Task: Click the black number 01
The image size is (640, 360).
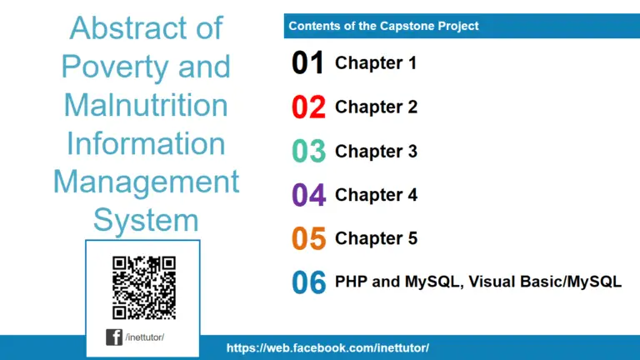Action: pos(307,63)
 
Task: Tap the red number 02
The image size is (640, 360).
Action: pos(307,107)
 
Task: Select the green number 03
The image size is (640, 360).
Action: pos(307,152)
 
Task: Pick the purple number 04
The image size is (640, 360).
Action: pos(307,195)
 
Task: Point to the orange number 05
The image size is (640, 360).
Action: pos(307,239)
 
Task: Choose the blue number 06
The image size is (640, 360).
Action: pos(307,282)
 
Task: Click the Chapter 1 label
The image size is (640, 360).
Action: pos(376,62)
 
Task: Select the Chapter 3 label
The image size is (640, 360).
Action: pos(376,151)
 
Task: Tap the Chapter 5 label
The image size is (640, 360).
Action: pos(376,238)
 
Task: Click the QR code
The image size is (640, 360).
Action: pos(144,287)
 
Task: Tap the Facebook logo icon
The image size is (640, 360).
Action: pos(113,337)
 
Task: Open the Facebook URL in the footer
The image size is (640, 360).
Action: pos(327,347)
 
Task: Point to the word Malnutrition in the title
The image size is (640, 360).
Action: pos(146,105)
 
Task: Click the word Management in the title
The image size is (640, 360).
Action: pos(146,182)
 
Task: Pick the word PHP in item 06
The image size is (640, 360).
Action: pos(351,282)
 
